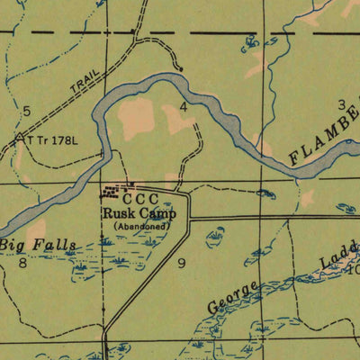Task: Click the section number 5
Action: click(27, 111)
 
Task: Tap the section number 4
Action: click(184, 106)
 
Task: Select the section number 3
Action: click(341, 104)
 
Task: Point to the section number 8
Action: click(22, 263)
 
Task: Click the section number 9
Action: click(182, 263)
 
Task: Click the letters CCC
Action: click(140, 199)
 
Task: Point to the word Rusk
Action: click(119, 214)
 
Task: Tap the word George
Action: click(233, 297)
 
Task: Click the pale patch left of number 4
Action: click(137, 117)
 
